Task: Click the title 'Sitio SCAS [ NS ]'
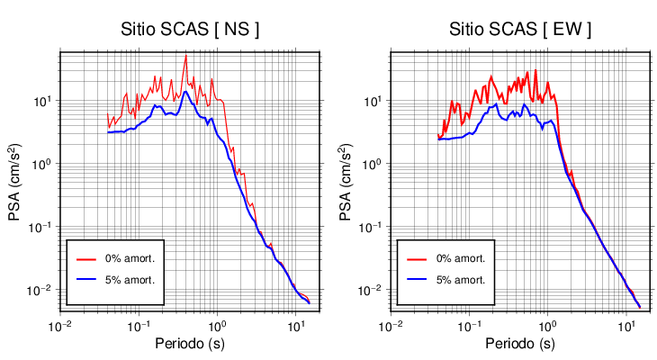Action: (191, 30)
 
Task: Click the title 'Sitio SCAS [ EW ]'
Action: (521, 30)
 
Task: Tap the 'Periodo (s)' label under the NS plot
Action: (191, 344)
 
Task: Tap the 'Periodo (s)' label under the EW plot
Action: (521, 344)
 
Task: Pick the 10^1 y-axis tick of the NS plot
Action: (43, 101)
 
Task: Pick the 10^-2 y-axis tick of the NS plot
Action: (41, 290)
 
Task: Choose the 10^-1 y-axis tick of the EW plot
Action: (372, 227)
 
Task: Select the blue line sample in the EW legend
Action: (417, 280)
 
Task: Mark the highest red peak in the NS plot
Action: (185, 56)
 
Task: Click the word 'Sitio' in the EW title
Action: (468, 30)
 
